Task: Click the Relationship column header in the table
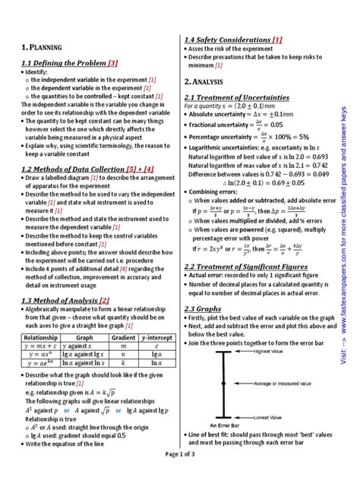click(41, 336)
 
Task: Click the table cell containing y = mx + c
click(41, 346)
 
